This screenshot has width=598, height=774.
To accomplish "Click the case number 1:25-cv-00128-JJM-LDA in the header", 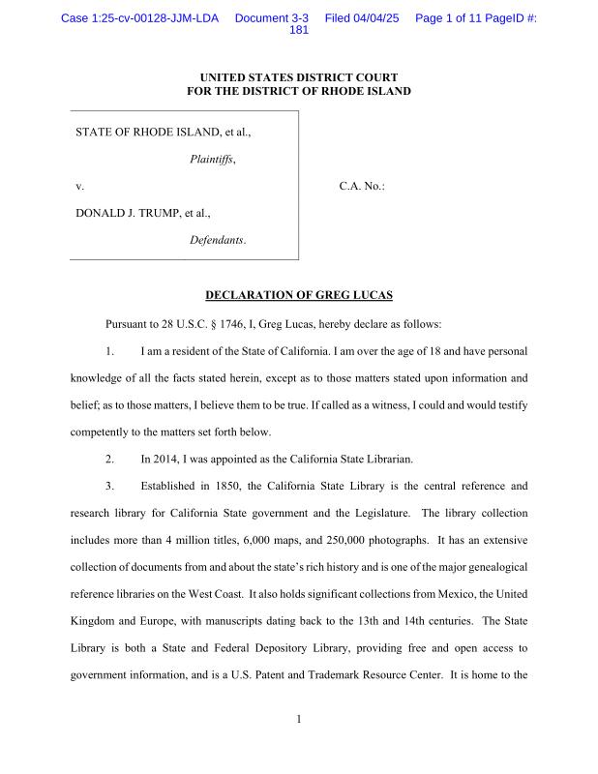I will (x=139, y=18).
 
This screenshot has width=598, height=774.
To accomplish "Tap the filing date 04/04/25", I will (x=380, y=18).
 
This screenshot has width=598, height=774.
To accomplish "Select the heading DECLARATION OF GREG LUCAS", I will (x=298, y=294).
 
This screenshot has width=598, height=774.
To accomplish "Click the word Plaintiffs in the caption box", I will (x=213, y=159).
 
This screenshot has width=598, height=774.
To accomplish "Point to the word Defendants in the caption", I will (x=218, y=239).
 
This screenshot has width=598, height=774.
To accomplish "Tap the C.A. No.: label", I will (x=362, y=186).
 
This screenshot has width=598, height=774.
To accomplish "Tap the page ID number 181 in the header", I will (x=299, y=30).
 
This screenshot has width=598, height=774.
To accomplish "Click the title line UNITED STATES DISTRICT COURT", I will (x=298, y=77).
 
